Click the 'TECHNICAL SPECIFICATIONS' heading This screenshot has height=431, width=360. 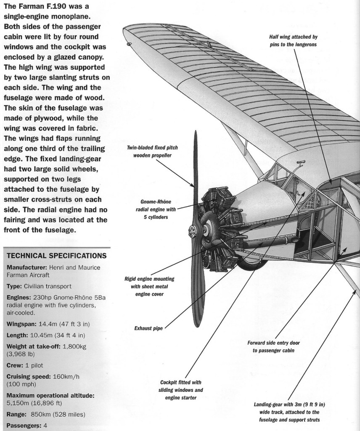pos(56,255)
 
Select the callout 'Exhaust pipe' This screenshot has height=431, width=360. pos(148,328)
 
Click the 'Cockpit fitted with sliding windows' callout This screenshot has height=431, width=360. pos(181,390)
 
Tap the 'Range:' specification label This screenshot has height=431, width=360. pos(16,414)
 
